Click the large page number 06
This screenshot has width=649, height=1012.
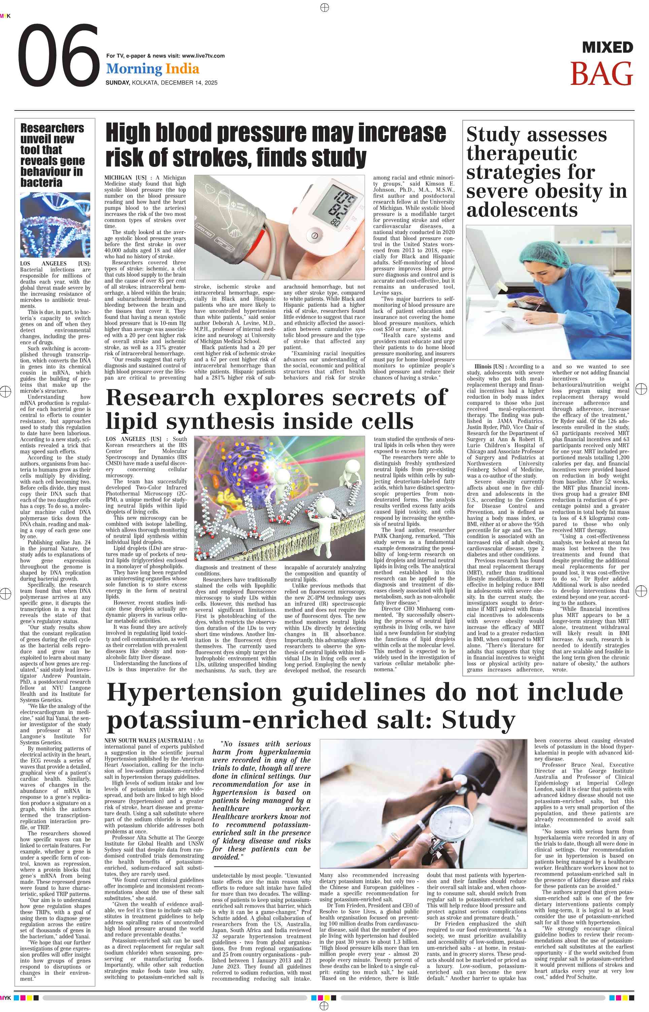[59, 55]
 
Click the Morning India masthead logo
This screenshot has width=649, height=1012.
[152, 69]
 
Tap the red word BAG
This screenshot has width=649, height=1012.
[602, 74]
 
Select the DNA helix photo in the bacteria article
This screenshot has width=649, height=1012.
[55, 225]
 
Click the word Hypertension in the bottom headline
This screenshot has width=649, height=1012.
[200, 692]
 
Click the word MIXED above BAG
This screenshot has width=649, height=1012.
[607, 47]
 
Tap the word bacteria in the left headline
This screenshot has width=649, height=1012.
[41, 183]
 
